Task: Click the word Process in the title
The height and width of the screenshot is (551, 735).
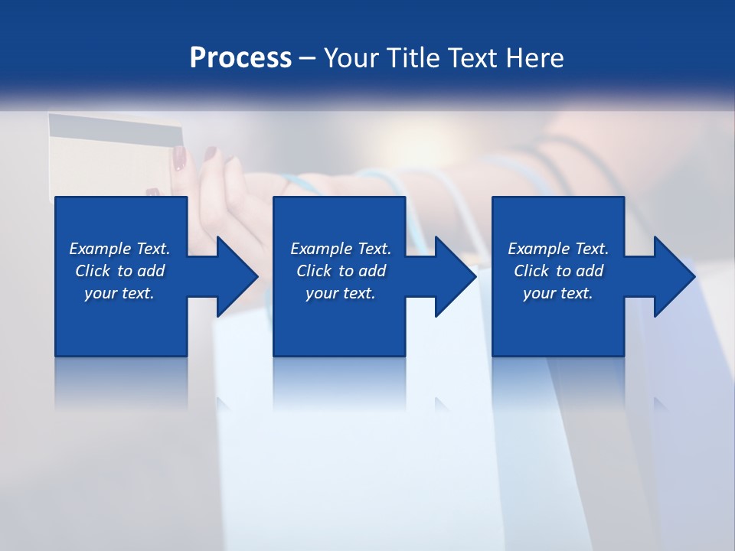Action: click(240, 57)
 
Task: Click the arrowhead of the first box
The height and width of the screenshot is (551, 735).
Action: click(237, 276)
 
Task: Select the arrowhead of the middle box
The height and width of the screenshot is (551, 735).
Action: click(456, 276)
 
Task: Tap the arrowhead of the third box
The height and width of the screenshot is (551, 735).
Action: click(675, 276)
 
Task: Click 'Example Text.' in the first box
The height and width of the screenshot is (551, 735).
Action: click(119, 249)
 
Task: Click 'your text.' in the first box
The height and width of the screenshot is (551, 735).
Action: click(119, 293)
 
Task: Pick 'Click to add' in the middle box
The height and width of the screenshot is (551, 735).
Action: click(341, 271)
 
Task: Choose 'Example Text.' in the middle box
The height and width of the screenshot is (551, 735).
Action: click(341, 249)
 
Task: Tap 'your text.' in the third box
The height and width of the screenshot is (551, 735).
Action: click(558, 293)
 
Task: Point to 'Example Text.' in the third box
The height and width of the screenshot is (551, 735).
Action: click(558, 249)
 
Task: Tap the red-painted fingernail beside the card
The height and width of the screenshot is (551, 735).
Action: click(179, 158)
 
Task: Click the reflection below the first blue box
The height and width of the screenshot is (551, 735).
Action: click(121, 383)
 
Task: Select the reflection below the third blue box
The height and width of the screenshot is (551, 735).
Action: click(558, 383)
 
